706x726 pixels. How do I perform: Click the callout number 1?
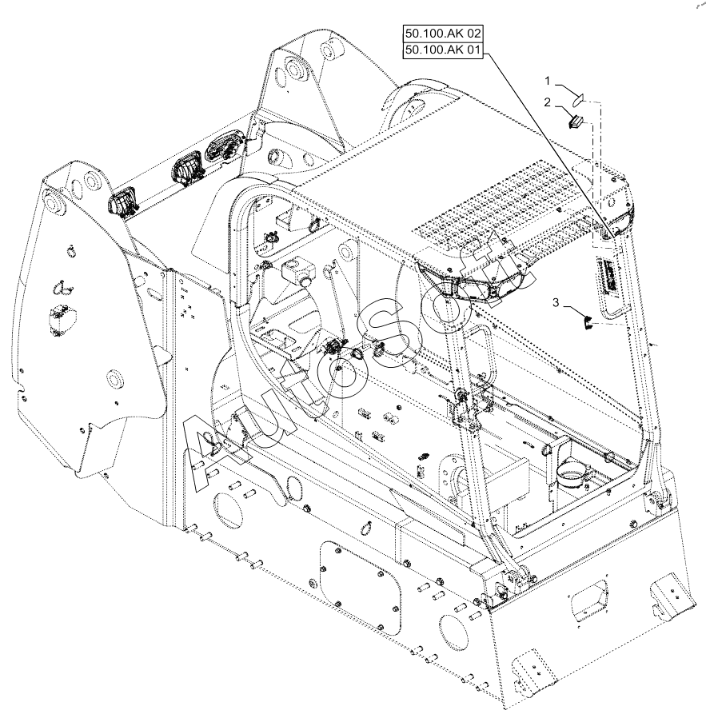point(547,82)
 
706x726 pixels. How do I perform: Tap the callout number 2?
point(547,102)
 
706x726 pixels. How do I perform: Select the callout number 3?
point(556,302)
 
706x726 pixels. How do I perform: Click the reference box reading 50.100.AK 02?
point(443,34)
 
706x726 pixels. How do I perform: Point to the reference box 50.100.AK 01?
point(443,50)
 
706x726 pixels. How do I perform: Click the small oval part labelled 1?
point(578,98)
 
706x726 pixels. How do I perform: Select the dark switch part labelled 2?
point(575,122)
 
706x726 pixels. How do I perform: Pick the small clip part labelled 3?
point(587,322)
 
